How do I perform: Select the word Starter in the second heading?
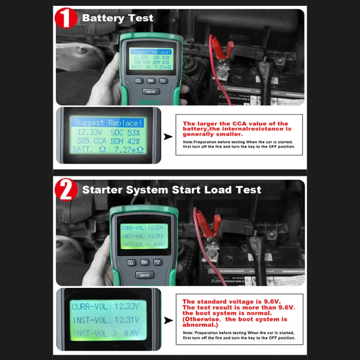pos(102,190)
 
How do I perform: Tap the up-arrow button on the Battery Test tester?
pos(139,81)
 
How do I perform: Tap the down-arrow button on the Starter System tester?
pos(158,263)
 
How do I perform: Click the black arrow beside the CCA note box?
pos(168,137)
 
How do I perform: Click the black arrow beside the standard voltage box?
pos(168,320)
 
